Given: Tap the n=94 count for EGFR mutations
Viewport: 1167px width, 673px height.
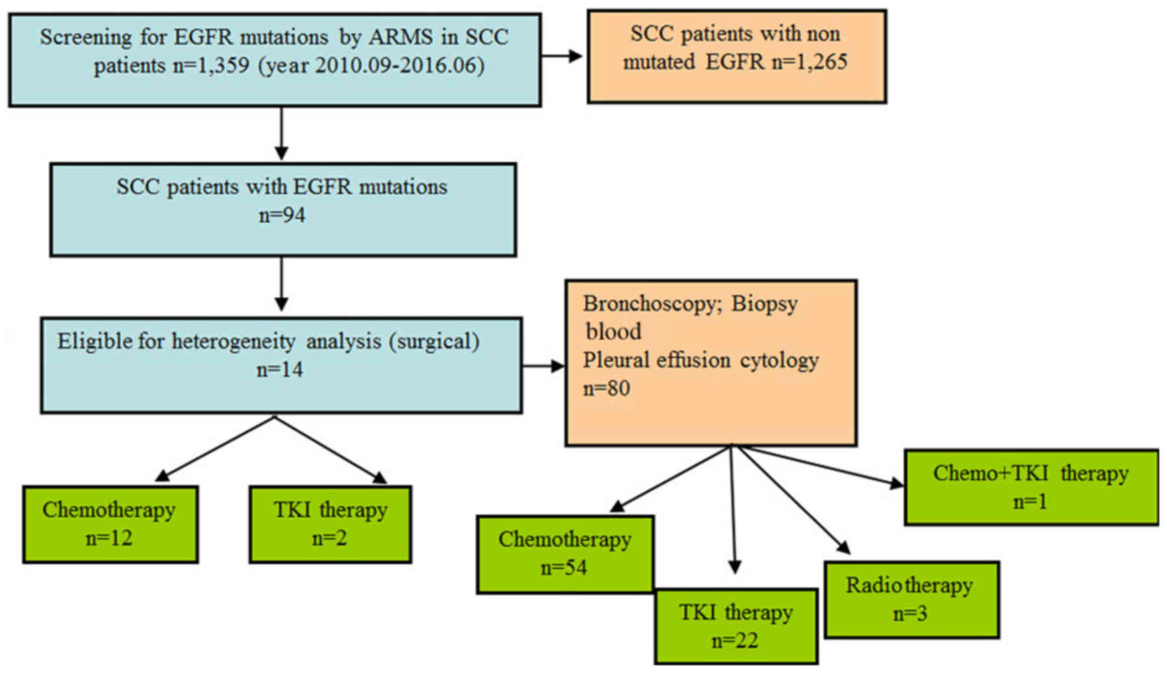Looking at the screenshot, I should pyautogui.click(x=282, y=215).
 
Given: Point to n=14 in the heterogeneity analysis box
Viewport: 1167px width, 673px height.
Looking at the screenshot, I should pyautogui.click(x=280, y=370).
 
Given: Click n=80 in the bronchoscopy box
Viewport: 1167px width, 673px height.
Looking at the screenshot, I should pyautogui.click(x=606, y=388).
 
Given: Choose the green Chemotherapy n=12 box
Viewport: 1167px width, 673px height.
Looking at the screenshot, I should pyautogui.click(x=110, y=524).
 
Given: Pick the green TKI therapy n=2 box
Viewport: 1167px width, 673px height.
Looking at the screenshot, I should pyautogui.click(x=330, y=524).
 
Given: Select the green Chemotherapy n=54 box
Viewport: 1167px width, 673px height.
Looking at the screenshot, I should pyautogui.click(x=565, y=555).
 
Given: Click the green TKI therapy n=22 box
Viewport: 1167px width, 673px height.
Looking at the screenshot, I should pyautogui.click(x=735, y=627).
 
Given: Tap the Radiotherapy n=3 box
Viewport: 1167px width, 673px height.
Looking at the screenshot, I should pyautogui.click(x=911, y=600).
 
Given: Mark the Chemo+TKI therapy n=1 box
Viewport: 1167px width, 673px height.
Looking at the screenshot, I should pyautogui.click(x=1030, y=487).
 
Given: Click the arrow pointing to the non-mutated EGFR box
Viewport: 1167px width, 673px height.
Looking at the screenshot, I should pyautogui.click(x=563, y=57).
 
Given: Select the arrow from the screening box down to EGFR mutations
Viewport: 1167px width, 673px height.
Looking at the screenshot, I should pyautogui.click(x=282, y=134).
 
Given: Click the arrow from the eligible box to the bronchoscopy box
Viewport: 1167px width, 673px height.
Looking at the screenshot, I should pyautogui.click(x=544, y=366).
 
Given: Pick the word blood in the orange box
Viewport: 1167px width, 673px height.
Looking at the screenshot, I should pyautogui.click(x=612, y=332).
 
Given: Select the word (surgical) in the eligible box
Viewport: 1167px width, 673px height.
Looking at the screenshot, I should pyautogui.click(x=434, y=341).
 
